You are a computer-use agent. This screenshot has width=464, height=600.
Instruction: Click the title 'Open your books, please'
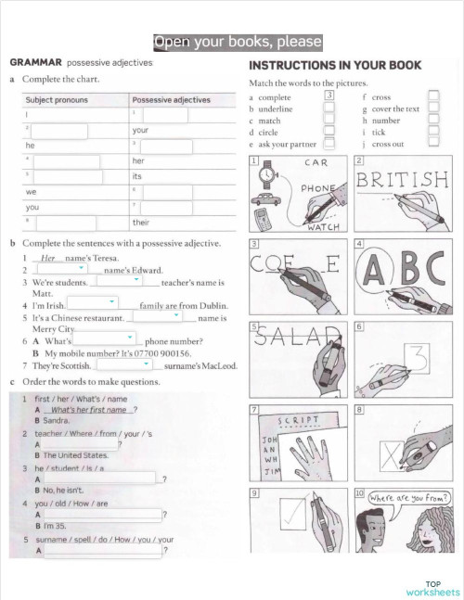(238, 43)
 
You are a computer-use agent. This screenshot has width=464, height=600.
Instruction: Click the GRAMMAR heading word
(35, 61)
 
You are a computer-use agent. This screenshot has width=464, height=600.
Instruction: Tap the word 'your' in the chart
(141, 130)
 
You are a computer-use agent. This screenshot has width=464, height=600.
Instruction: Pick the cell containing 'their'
(141, 223)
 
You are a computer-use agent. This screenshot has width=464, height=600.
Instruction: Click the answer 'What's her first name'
(88, 409)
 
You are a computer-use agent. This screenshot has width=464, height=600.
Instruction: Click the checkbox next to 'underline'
(329, 109)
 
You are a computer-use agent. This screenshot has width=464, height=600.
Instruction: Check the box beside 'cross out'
(433, 144)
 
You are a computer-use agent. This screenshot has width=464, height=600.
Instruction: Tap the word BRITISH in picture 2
(401, 179)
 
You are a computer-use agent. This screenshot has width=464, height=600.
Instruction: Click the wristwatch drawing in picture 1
(268, 173)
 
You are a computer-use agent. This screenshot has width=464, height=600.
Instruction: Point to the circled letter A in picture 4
(376, 269)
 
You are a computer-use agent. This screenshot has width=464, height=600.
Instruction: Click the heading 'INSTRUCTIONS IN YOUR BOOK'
(335, 65)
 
